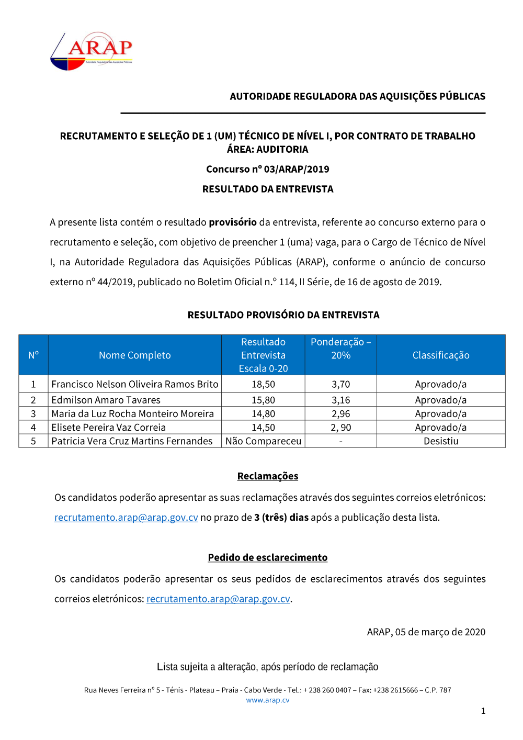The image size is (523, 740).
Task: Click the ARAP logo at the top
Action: click(x=92, y=51)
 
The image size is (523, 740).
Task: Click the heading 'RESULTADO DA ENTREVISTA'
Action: click(x=267, y=189)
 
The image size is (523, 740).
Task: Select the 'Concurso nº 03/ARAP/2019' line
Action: click(x=267, y=169)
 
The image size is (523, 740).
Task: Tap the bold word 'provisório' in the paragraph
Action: click(x=232, y=222)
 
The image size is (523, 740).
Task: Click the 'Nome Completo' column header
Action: click(x=134, y=355)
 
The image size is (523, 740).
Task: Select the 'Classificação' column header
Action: click(x=440, y=355)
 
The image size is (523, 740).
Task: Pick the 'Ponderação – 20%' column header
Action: click(x=340, y=349)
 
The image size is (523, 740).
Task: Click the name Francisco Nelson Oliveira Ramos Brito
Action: click(x=134, y=384)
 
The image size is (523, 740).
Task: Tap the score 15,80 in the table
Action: click(x=263, y=400)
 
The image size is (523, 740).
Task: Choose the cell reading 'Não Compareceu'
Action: click(x=263, y=441)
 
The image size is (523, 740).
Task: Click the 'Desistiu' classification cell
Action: click(x=440, y=441)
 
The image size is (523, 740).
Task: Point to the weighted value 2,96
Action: click(x=340, y=413)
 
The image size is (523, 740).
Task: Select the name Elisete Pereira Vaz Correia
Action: click(x=108, y=428)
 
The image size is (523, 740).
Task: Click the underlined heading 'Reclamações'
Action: click(x=267, y=476)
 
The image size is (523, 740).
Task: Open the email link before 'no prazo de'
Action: click(x=126, y=518)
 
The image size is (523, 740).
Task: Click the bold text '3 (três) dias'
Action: click(x=281, y=518)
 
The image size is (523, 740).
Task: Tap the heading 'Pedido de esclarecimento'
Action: click(x=267, y=557)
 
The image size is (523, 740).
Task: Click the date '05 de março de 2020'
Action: click(x=440, y=632)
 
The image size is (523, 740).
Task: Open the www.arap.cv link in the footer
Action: click(x=267, y=700)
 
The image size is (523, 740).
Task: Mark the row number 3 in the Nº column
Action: click(x=33, y=413)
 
